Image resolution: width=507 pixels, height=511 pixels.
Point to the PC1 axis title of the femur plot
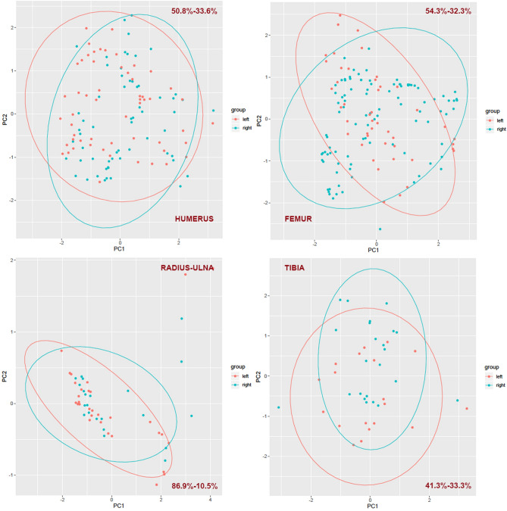coord(373,247)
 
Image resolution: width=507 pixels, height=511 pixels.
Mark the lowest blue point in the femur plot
coord(380,229)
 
